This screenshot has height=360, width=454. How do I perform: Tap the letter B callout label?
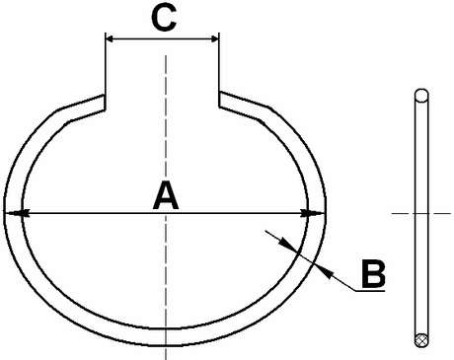(372, 273)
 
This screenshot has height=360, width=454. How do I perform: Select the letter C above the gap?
(164, 19)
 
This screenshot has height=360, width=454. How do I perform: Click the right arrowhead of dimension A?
(315, 212)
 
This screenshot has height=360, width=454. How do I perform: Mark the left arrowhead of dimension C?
(110, 40)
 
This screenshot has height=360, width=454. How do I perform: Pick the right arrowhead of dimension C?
(213, 40)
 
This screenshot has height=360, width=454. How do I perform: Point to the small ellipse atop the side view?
(421, 96)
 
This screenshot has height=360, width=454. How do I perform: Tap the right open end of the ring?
(219, 98)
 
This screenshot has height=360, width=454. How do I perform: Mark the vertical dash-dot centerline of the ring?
(166, 128)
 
